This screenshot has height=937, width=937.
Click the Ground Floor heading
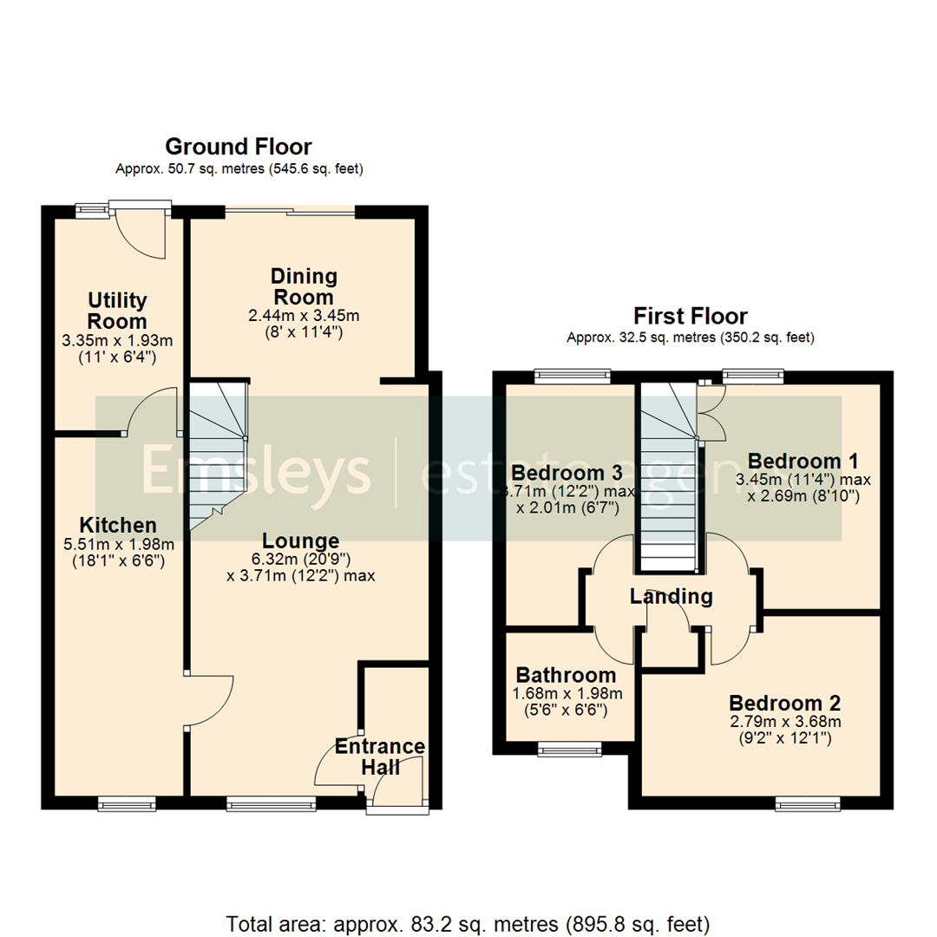pos(239,147)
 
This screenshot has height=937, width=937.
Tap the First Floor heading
pos(691,316)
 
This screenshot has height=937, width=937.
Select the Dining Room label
pos(304,287)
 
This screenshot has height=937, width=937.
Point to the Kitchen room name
pos(118,525)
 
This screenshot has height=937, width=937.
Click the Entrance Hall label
pos(380,757)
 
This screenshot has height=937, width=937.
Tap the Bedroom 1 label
pos(795,460)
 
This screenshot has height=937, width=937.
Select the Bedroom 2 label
pos(784,703)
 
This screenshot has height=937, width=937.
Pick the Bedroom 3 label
pos(567,474)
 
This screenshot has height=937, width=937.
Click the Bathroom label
pos(567,675)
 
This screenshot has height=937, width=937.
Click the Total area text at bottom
pos(468,921)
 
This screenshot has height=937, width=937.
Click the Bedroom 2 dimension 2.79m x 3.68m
pos(784,721)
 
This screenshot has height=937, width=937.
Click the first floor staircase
pos(668,477)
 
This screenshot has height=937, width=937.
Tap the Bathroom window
pos(569,745)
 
